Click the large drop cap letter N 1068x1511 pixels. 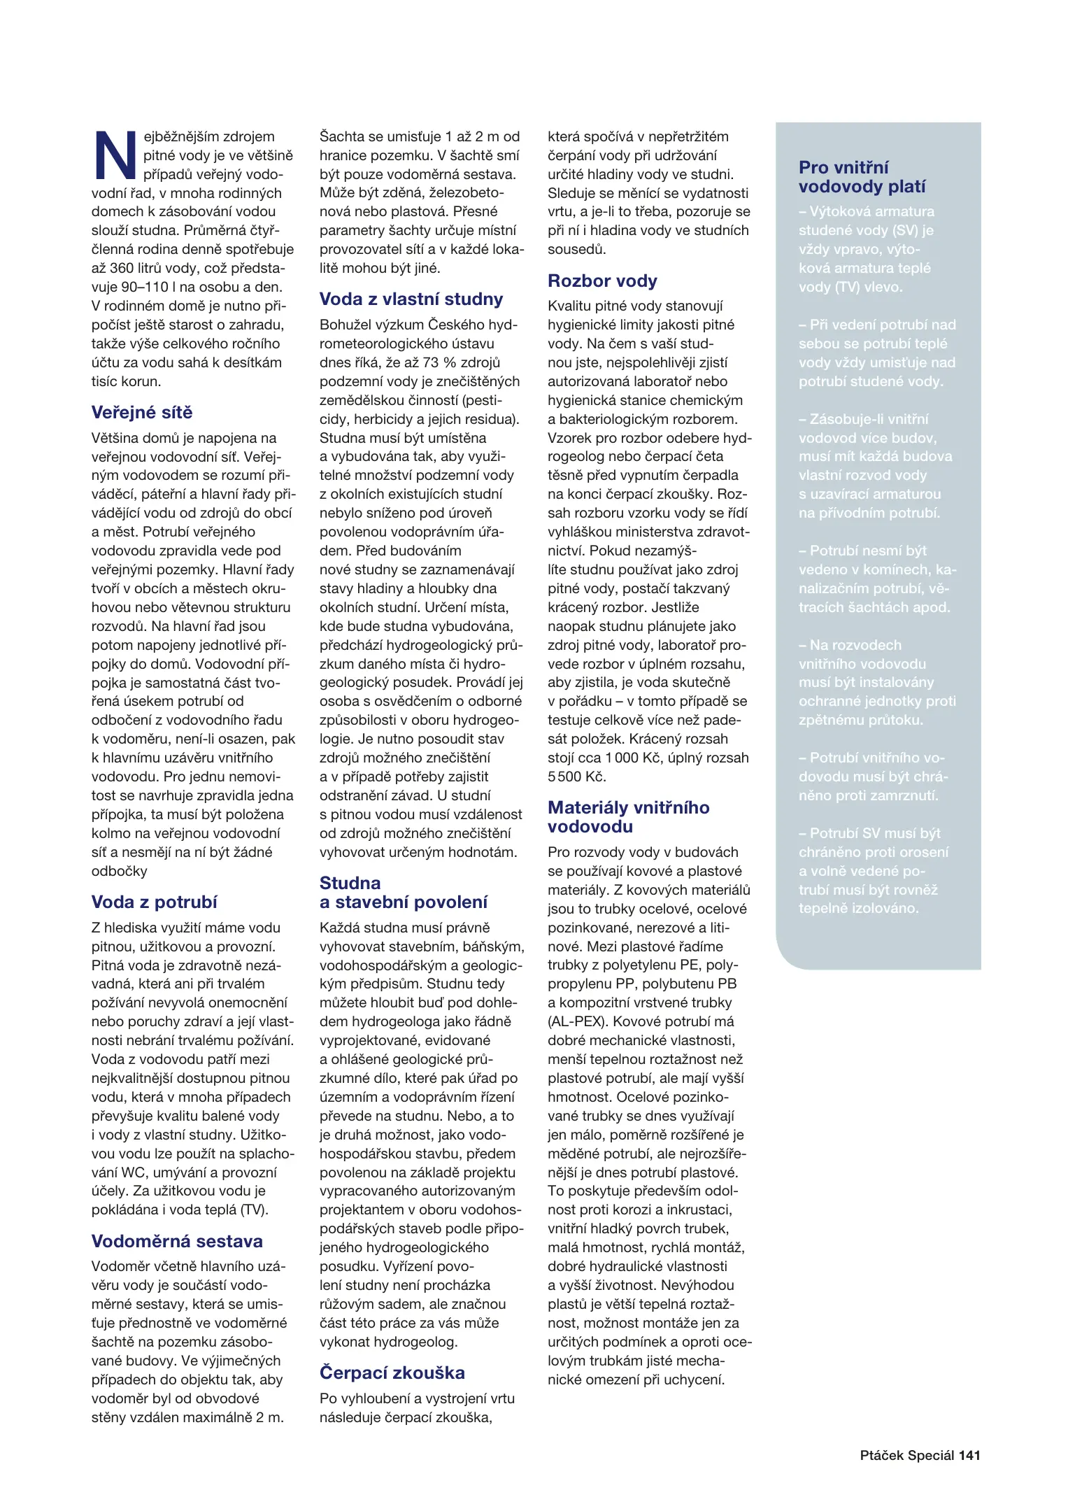pos(115,155)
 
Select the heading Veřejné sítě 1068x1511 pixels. pos(141,413)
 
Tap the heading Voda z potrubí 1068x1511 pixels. pos(154,902)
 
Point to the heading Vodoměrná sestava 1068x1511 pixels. pos(177,1241)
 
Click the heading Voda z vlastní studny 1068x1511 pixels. pos(411,299)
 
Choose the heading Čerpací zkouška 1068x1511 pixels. pos(392,1372)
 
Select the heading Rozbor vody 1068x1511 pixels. pos(602,281)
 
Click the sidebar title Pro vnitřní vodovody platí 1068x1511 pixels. pos(862,177)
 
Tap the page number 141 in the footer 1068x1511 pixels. pos(969,1456)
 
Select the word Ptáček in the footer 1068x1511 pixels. pos(882,1456)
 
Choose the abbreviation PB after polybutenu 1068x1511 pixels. pos(727,984)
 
